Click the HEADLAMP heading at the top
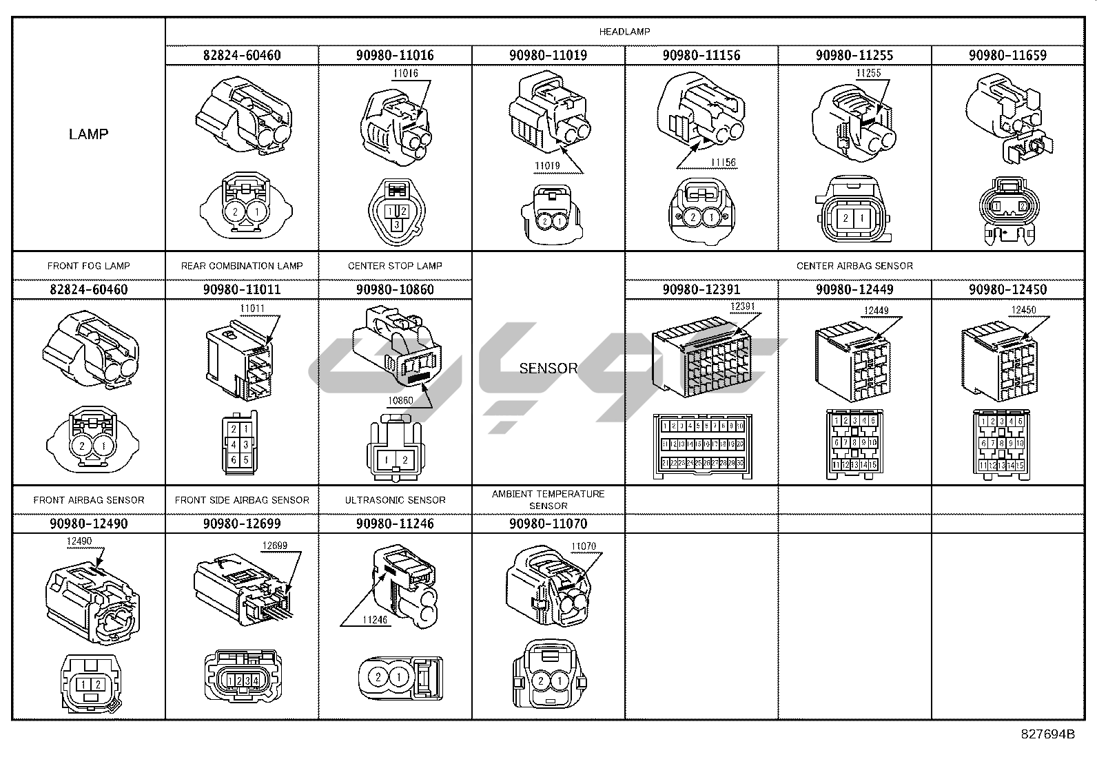624,32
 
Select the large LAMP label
89,134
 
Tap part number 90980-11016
395,55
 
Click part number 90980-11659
1007,55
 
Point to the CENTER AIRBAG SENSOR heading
854,266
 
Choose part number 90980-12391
701,289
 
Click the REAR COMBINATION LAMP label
242,266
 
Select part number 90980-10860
395,289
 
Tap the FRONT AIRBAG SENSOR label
89,500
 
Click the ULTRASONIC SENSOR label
395,500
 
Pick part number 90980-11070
548,523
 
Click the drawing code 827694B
1047,734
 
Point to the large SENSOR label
548,368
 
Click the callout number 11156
724,163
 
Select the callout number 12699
274,546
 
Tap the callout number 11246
376,620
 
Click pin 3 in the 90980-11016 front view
396,225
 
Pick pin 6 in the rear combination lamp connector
234,460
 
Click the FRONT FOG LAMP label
89,266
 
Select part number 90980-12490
89,523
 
